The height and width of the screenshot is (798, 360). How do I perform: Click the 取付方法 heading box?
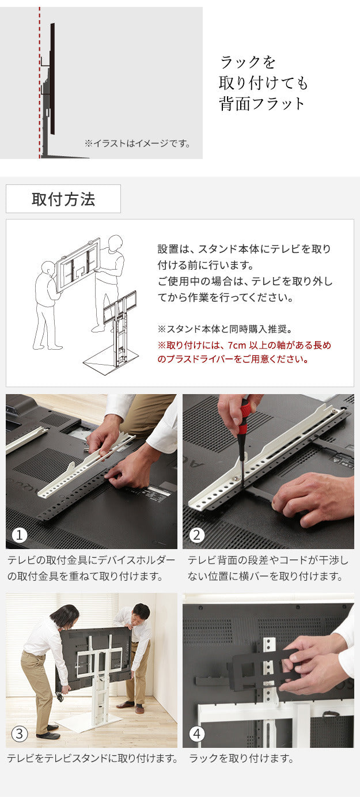point(63,199)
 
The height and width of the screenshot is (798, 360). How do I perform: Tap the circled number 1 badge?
point(20,535)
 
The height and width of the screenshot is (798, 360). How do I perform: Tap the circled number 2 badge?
point(197,535)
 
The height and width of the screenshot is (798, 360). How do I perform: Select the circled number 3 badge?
point(20,734)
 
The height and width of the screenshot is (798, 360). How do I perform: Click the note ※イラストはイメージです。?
point(137,143)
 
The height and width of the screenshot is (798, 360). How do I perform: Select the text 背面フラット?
point(262,104)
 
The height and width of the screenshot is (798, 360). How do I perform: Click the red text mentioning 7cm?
point(244,352)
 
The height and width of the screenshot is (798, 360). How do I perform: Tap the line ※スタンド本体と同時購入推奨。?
point(225,329)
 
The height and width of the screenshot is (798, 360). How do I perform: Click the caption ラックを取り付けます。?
point(241,759)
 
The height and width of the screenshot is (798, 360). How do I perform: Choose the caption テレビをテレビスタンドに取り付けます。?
point(92,759)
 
